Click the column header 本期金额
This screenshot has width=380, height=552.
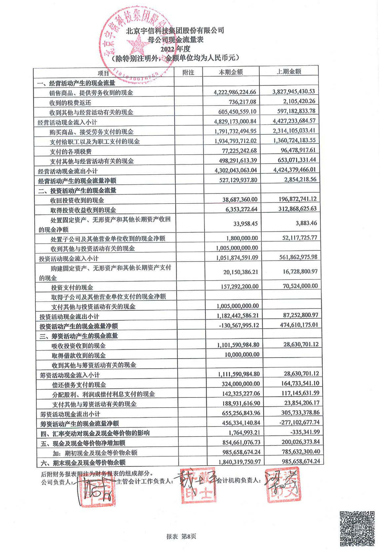point(231,72)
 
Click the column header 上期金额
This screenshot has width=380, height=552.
point(289,71)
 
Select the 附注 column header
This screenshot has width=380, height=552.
point(188,72)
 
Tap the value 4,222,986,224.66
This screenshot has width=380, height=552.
point(235,92)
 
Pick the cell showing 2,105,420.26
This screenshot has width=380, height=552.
point(294,101)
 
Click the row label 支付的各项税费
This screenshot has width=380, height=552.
point(71,152)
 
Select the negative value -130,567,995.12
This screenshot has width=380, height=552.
point(239,325)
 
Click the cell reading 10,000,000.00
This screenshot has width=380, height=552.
point(242,354)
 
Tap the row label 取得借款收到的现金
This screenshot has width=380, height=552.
point(79,355)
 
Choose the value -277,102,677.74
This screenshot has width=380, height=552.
point(299,422)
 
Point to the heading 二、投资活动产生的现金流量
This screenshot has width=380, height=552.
point(77,190)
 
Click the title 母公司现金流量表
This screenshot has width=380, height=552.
point(175,40)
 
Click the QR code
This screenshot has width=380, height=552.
point(357,528)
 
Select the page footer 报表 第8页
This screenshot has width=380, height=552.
point(181,536)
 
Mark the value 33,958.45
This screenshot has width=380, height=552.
point(246,224)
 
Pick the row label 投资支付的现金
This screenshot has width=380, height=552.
point(72,287)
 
